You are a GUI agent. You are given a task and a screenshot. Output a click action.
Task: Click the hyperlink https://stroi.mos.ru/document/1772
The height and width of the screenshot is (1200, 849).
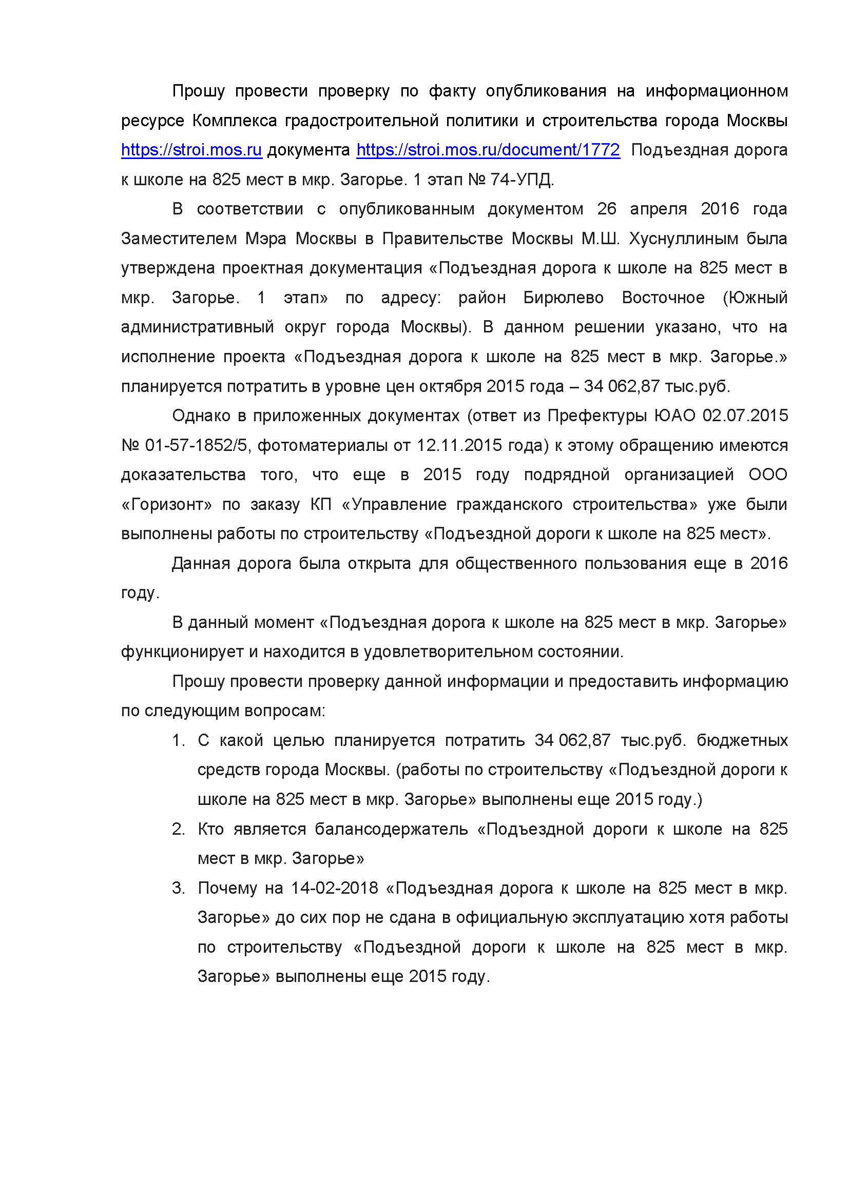click(488, 150)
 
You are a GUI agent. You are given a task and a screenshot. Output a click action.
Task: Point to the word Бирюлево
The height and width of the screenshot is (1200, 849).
click(563, 298)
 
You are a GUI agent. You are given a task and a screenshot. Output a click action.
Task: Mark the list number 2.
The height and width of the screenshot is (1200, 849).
click(178, 829)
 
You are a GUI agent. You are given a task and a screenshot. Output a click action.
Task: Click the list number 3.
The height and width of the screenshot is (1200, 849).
click(178, 888)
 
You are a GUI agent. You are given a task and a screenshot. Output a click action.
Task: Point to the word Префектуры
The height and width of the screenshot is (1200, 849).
click(596, 416)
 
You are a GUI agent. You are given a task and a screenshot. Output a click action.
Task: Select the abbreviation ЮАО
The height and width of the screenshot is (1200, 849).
click(675, 416)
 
